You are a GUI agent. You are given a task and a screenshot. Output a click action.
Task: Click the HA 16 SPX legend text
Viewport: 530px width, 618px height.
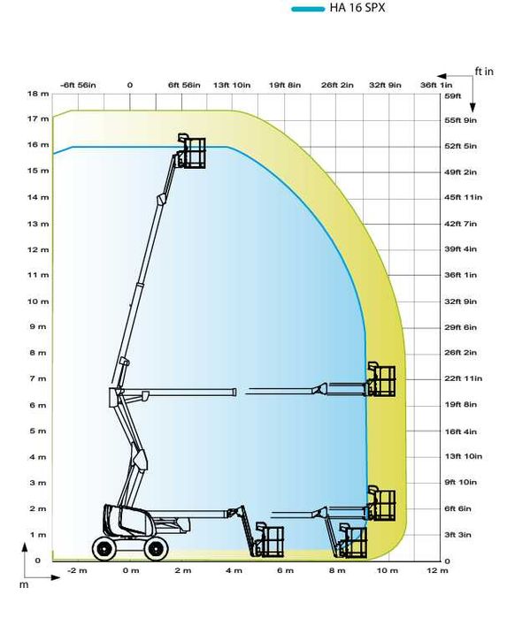pos(357,8)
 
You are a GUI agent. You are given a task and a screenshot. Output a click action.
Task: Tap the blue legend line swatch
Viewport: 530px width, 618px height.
pos(308,9)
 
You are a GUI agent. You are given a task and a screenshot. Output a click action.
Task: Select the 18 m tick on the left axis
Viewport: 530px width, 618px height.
pos(38,94)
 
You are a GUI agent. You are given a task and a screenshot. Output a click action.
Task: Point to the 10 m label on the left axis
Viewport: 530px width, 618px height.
pos(38,301)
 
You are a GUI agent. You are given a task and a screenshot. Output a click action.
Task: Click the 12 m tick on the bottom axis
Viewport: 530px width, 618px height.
pos(437,570)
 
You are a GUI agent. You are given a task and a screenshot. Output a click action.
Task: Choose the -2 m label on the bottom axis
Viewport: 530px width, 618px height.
pos(77,570)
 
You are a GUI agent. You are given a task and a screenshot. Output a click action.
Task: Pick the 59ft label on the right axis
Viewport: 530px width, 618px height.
pos(453,95)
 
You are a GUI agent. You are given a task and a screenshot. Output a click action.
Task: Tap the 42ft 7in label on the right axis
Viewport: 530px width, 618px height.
pos(461,224)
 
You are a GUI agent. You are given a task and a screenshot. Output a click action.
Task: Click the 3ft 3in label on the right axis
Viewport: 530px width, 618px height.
pos(457,535)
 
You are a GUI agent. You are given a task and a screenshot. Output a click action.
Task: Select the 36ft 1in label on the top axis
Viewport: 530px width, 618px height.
pos(436,85)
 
